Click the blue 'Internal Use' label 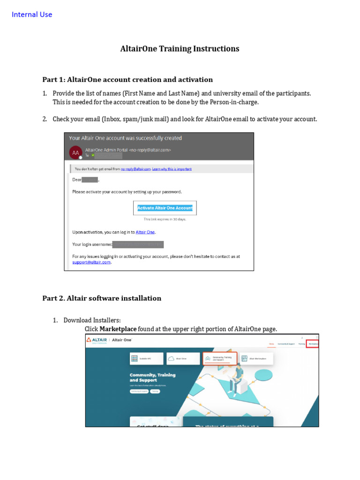32,15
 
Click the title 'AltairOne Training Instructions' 180,49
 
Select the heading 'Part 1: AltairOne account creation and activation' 127,80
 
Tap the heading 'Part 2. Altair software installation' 102,298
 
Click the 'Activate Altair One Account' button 165,208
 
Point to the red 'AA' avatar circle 75,152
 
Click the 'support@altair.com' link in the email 91,262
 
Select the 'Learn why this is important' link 172,169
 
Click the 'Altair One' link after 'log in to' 145,232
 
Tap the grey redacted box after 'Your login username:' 138,244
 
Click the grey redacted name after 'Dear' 90,180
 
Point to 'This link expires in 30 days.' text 165,219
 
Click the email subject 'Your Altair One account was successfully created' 125,138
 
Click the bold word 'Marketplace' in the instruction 118,329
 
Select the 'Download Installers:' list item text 92,320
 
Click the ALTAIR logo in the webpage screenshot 96,340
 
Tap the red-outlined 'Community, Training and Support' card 220,359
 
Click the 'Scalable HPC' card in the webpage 146,359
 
